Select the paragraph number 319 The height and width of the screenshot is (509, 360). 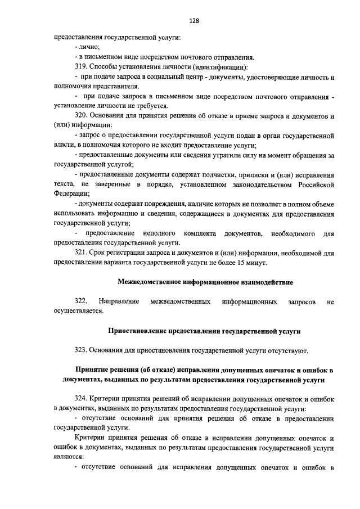pyautogui.click(x=82, y=66)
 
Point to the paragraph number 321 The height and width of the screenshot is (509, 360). pyautogui.click(x=82, y=253)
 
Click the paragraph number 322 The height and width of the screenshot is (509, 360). pyautogui.click(x=82, y=302)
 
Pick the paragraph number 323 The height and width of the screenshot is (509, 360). pyautogui.click(x=82, y=350)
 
